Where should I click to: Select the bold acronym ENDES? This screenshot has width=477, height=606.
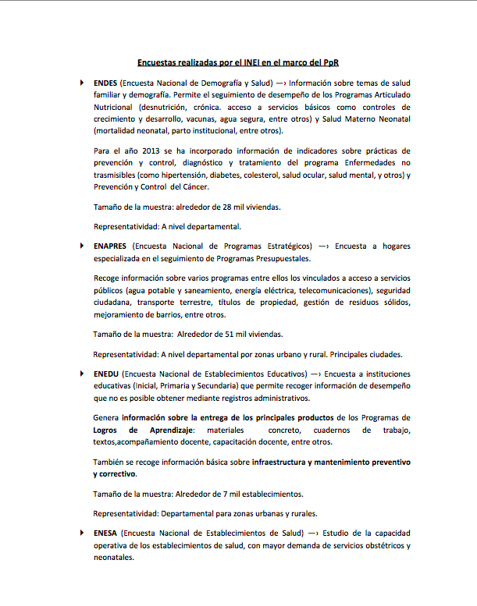point(105,82)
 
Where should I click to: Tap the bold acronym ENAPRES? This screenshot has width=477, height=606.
point(112,245)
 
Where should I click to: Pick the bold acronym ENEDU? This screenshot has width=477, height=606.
point(107,374)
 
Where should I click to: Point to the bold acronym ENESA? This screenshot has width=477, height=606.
point(107,533)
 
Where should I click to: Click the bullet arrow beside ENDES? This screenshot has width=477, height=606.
point(81,82)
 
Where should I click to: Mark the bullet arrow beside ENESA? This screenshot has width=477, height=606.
point(81,533)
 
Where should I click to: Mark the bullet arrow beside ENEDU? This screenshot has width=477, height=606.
point(81,374)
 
